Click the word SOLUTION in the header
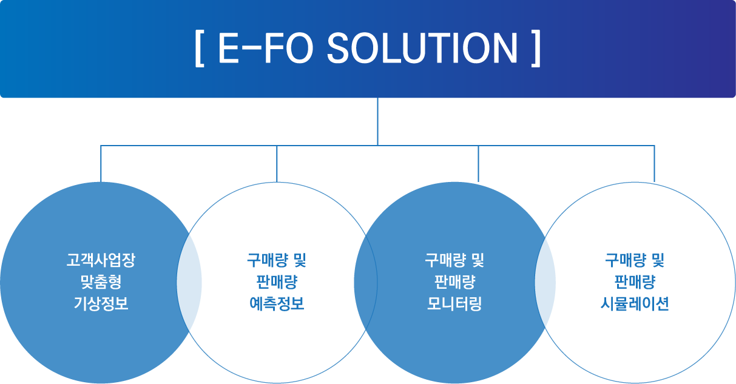pos(422,48)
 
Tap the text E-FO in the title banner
pos(266,48)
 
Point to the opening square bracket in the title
pos(200,49)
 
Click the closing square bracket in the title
pos(536,49)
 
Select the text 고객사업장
pos(101,260)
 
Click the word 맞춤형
pos(101,282)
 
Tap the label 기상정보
pos(101,303)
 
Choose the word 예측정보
pos(277,303)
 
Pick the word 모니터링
pos(454,303)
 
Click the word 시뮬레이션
pos(635,303)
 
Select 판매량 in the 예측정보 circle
pos(277,282)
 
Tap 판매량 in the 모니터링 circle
pos(454,282)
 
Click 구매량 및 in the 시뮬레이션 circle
pos(635,260)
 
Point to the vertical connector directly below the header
pos(377,121)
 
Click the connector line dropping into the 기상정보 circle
pos(101,164)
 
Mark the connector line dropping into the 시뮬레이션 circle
pos(654,164)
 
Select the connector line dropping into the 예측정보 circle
pos(277,164)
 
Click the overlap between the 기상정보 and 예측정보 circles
pos(189,283)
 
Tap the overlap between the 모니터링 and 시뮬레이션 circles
pos(545,283)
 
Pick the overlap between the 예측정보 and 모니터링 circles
pos(366,283)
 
